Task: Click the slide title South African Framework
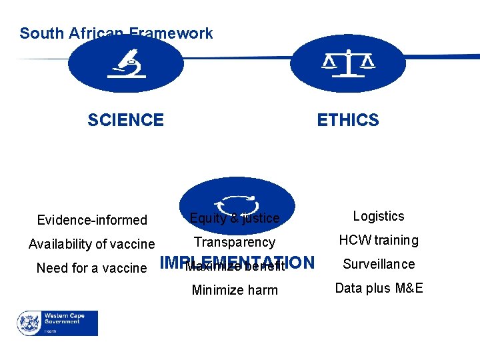point(116,33)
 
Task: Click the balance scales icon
point(348,64)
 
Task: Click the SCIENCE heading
point(125,120)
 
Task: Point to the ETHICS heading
point(347,120)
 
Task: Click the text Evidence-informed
point(92,220)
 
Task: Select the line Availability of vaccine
point(91,244)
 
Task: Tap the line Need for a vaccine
point(91,268)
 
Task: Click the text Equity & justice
point(235,218)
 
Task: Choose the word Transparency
point(234,242)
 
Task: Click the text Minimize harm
point(235,290)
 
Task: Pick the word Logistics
point(379,216)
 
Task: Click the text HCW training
point(379,240)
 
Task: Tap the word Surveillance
point(379,264)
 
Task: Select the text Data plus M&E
point(379,288)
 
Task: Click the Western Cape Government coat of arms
point(29,323)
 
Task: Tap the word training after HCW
point(396,240)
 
